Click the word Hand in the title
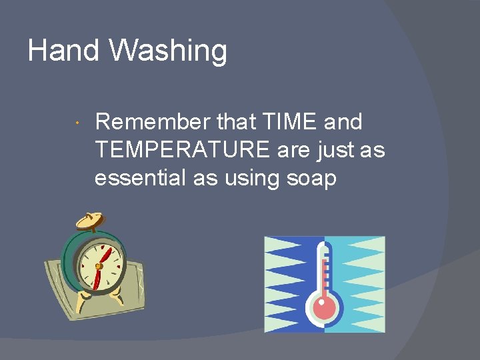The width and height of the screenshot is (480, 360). point(63,51)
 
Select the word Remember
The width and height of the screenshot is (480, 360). point(153,122)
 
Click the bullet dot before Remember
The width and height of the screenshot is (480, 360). point(78,123)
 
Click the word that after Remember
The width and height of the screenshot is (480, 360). point(236,122)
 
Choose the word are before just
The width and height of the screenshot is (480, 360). point(295,151)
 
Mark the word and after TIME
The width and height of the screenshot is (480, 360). point(342,122)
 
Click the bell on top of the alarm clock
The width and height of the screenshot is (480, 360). point(90,221)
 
